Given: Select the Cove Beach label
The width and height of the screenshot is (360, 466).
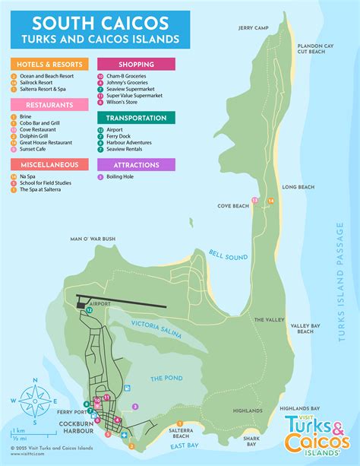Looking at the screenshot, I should point(233,206).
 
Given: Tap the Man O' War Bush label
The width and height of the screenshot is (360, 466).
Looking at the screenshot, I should point(93,239).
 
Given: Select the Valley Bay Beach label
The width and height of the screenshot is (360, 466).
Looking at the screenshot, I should point(305,327).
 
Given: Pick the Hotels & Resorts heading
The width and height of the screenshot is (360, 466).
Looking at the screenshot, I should point(49,65).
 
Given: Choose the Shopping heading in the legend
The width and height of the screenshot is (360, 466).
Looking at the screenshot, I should point(136,65).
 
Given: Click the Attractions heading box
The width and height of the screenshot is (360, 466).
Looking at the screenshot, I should point(136,164).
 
